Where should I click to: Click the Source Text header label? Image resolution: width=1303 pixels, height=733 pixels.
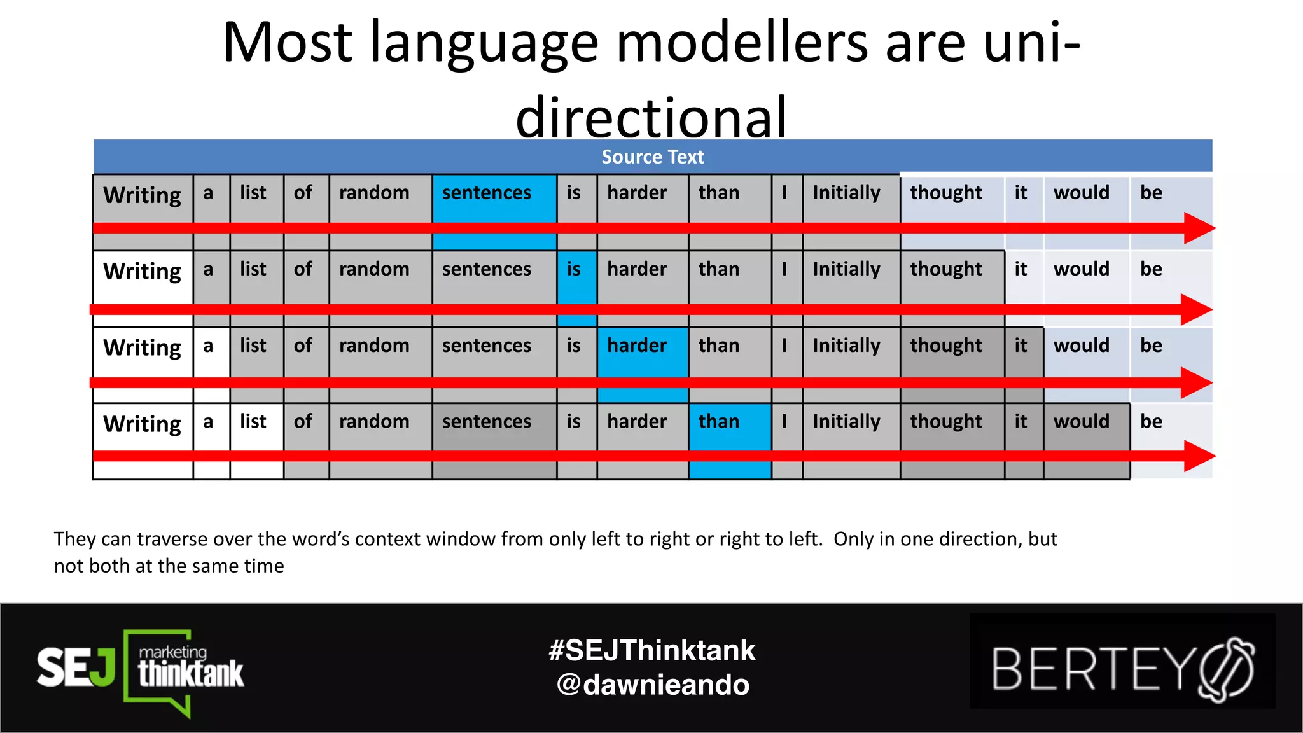click(x=652, y=157)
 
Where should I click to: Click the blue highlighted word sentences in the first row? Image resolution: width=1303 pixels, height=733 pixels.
click(x=487, y=193)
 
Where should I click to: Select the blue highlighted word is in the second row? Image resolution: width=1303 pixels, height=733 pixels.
click(x=574, y=269)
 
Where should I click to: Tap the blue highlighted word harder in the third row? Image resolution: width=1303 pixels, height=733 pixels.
click(x=637, y=346)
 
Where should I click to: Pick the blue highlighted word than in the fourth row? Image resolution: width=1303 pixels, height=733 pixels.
click(x=719, y=421)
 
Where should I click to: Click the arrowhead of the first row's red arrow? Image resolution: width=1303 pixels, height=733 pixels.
click(x=1199, y=228)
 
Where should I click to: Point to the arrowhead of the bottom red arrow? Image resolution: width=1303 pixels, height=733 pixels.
click(x=1199, y=456)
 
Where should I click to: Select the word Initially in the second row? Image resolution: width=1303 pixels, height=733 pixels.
click(x=846, y=269)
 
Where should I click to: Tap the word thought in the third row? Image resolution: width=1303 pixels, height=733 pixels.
click(x=946, y=346)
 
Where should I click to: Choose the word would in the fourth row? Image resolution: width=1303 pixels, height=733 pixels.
click(x=1081, y=421)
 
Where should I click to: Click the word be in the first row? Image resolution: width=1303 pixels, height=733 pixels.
click(x=1151, y=193)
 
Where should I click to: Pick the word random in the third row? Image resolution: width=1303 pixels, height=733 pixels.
click(x=374, y=346)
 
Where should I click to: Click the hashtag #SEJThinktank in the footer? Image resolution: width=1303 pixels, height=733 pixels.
click(x=652, y=650)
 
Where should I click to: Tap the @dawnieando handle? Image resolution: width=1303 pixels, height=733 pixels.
click(x=653, y=685)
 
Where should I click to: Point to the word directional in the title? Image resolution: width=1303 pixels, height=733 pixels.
click(x=651, y=117)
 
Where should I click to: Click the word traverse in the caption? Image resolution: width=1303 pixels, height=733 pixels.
click(x=174, y=539)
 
